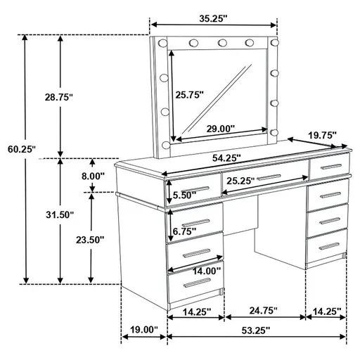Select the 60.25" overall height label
(22, 149)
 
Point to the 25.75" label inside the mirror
(189, 94)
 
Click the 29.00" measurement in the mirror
(221, 129)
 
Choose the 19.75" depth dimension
(323, 134)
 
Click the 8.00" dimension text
(93, 176)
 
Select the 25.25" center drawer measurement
(242, 181)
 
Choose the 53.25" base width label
(256, 329)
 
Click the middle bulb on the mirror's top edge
(221, 43)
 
